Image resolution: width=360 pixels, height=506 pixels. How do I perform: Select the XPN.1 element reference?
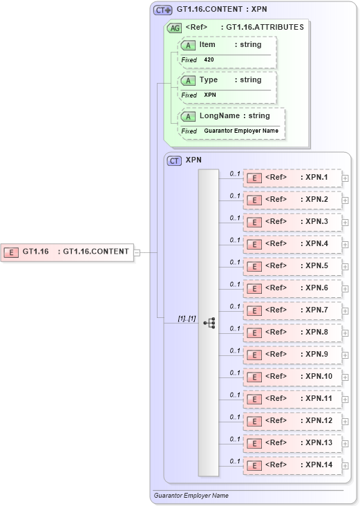coord(292,178)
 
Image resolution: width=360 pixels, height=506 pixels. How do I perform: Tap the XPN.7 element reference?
coord(292,310)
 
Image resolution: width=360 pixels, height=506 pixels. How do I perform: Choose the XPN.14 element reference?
coord(292,465)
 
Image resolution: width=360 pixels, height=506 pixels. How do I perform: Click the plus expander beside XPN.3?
coord(345,223)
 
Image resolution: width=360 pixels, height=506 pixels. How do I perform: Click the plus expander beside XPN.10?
coord(345,377)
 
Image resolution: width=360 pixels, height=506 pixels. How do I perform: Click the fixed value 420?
coord(209,60)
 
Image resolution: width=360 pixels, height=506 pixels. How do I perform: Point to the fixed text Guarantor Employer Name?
coord(240,131)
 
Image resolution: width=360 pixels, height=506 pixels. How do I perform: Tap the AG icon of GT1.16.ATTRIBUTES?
coord(176,28)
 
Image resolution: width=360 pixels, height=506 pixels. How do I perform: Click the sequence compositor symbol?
coord(209,323)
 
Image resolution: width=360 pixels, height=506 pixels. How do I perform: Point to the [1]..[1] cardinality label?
coord(187,318)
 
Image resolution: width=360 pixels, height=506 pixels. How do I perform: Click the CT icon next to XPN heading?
coord(175,160)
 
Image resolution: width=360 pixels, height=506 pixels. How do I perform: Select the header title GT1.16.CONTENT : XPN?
coord(222,10)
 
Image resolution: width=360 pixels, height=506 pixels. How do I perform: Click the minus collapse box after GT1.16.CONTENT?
coord(137,252)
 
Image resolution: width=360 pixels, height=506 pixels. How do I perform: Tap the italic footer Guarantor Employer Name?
coord(191,496)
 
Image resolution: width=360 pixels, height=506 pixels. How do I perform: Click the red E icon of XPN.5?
coord(254,267)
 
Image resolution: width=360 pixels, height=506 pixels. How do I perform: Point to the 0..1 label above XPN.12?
coord(235,417)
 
